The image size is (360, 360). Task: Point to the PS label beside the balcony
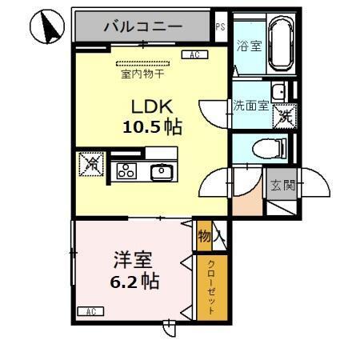221,26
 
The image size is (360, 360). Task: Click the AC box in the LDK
194,54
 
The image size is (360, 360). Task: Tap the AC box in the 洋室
90,310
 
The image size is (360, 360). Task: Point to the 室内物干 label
142,74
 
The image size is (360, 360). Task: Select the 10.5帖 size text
152,127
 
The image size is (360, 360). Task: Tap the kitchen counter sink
161,170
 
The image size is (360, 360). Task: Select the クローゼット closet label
210,287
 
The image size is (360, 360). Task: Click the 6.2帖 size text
134,281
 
